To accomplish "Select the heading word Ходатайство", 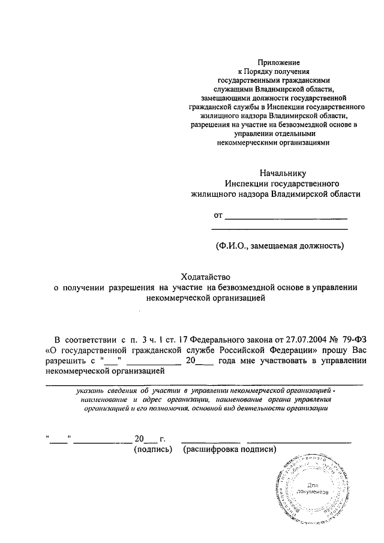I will [206, 277].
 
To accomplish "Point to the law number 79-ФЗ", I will [353, 338].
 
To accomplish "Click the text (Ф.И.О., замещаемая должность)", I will [280, 245].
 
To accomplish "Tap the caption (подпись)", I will [153, 449].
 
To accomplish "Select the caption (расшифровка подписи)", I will [230, 449].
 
